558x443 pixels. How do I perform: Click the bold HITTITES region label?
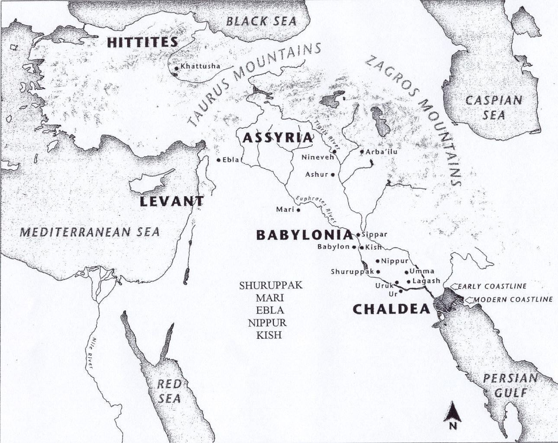[142, 42]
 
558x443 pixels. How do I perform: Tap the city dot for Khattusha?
[176, 68]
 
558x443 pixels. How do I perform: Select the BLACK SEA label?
[262, 21]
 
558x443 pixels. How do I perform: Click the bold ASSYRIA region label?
[277, 138]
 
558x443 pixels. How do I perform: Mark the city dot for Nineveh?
[334, 152]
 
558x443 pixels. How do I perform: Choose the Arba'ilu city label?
[381, 152]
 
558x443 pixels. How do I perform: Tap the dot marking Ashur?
[333, 175]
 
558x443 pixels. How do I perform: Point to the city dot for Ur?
[401, 291]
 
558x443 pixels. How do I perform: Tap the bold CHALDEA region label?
[391, 309]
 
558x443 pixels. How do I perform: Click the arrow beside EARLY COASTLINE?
[453, 286]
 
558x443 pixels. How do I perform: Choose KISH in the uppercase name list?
[268, 335]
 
